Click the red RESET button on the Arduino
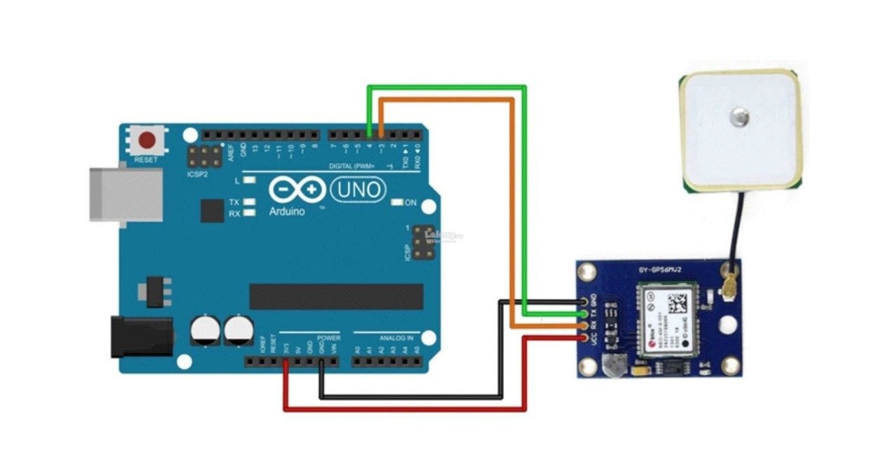point(147,141)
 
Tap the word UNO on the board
point(358,189)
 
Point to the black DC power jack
point(142,336)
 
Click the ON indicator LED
point(398,203)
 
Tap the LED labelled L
point(249,181)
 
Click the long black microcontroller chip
point(336,297)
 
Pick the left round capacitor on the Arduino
point(204,330)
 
